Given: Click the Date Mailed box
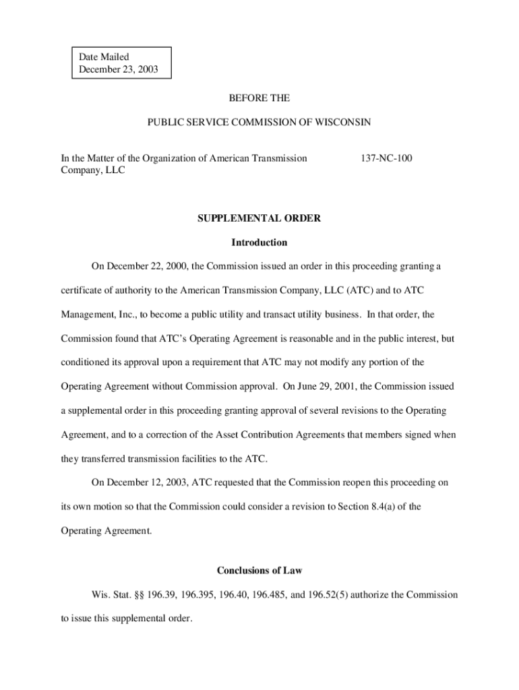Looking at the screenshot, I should tap(122, 63).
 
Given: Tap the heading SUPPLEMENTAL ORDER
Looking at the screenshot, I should tap(259, 218).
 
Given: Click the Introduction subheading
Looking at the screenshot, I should tap(259, 243).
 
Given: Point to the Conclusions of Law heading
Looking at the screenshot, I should tap(259, 571).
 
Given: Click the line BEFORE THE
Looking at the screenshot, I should tap(259, 98).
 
